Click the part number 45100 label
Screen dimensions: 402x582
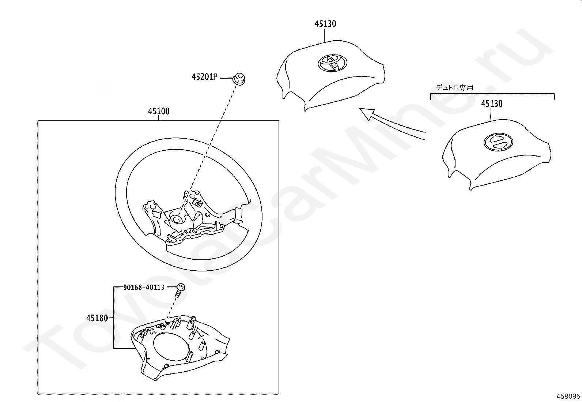(159, 111)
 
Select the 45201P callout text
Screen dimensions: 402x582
(204, 77)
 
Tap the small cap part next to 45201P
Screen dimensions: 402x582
(239, 78)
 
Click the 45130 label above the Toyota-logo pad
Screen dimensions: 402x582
(325, 24)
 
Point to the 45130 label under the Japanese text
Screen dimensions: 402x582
(492, 104)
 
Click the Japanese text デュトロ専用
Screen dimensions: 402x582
(454, 88)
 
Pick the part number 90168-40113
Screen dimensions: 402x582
(144, 288)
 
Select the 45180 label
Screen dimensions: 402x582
(97, 318)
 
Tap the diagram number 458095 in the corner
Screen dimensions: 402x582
(568, 396)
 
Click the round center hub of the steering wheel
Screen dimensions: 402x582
(177, 218)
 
